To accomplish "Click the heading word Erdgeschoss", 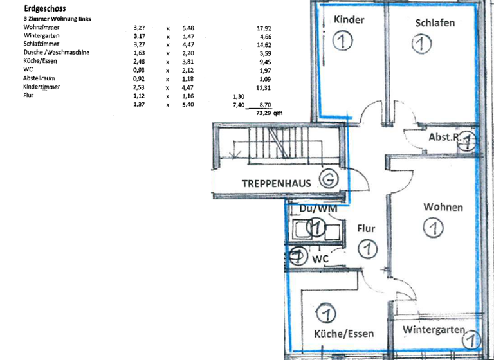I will coord(42,9).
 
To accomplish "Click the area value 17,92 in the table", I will coord(263,28).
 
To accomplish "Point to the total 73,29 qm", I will coord(269,112).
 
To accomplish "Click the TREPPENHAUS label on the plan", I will coord(277,183).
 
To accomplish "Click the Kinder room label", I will coord(349,20).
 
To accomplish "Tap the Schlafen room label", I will coord(435,22).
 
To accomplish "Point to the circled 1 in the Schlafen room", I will coord(421,44).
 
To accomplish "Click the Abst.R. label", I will coord(444,138).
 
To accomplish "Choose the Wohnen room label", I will coord(443,207).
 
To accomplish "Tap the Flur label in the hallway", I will coord(365,228).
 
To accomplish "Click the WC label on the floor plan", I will coord(322,258).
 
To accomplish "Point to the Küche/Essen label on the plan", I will coord(343,334).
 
